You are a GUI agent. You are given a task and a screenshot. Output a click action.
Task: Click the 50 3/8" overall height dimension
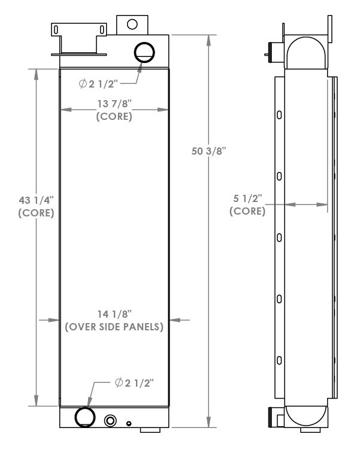click(x=205, y=152)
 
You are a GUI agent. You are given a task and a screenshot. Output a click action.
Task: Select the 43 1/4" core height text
click(x=37, y=198)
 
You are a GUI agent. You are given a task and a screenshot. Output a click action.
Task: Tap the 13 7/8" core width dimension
click(x=114, y=104)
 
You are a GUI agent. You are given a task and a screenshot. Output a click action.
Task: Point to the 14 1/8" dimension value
click(x=114, y=314)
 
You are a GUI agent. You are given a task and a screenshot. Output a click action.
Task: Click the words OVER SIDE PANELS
click(x=114, y=327)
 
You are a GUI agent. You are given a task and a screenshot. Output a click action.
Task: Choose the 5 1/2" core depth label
click(x=248, y=198)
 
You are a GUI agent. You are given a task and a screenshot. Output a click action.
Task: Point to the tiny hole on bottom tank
click(x=128, y=423)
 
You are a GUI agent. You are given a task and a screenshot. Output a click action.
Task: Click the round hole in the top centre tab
click(x=132, y=24)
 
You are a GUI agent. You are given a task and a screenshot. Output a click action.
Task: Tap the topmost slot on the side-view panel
click(x=279, y=115)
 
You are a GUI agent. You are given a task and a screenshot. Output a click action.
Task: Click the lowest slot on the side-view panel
click(x=279, y=360)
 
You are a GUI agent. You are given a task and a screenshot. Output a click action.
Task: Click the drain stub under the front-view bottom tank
click(x=150, y=429)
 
